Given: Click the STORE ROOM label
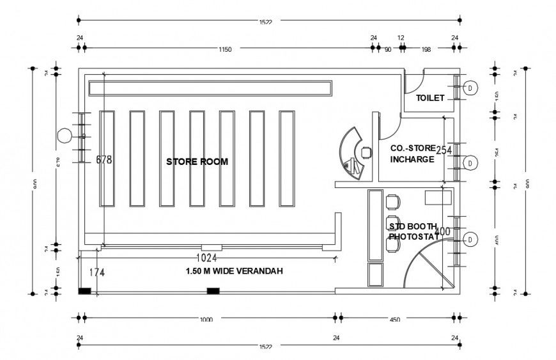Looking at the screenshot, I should click(197, 162).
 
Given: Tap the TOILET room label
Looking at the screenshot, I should click(430, 98).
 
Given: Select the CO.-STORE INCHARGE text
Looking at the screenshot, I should click(412, 153).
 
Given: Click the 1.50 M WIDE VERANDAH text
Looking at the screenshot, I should click(234, 271).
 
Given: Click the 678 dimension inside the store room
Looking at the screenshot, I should click(104, 160).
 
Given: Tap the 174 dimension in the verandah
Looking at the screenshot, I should click(97, 272).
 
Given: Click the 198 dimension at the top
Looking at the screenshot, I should click(426, 49).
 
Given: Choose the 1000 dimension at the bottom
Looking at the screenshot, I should click(206, 318).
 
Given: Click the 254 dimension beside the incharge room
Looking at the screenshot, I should click(444, 150).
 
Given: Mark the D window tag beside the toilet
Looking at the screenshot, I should click(470, 88).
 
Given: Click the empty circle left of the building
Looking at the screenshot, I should click(64, 136).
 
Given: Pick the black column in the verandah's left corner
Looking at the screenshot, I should click(84, 292).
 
